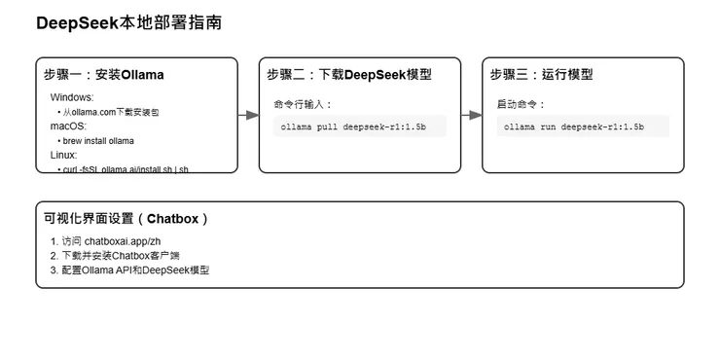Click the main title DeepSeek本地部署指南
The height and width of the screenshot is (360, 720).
[128, 22]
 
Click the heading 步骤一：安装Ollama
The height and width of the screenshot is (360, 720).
[104, 75]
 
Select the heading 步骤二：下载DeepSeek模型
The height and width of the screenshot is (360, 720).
[349, 75]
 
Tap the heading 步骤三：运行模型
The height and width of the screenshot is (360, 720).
[541, 75]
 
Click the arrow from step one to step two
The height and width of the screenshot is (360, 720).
[249, 115]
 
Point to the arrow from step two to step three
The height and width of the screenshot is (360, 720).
[472, 115]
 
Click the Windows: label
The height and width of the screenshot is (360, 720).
[72, 97]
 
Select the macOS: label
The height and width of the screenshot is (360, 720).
[68, 126]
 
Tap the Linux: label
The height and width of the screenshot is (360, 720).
[63, 155]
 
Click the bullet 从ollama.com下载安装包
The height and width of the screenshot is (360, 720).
[111, 112]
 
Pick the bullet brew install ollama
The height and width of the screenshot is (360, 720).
[98, 141]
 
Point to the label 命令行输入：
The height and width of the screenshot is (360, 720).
[303, 103]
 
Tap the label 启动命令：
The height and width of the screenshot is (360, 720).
[522, 103]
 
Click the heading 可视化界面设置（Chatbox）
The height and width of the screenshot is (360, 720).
[126, 219]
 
